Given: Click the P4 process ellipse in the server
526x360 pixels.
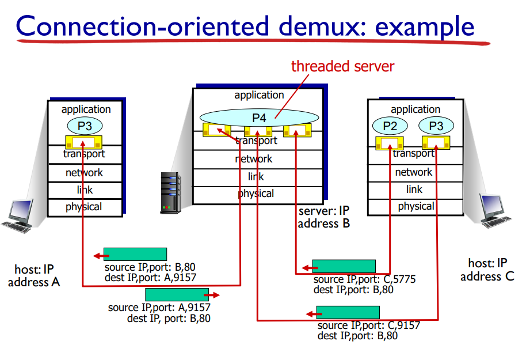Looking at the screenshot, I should pyautogui.click(x=258, y=118).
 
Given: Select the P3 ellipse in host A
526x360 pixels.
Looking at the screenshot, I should pyautogui.click(x=84, y=125).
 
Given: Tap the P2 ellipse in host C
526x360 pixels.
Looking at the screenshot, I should pyautogui.click(x=390, y=126).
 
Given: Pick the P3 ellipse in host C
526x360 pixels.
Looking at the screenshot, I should pyautogui.click(x=436, y=126).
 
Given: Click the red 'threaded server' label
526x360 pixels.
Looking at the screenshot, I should pyautogui.click(x=342, y=66).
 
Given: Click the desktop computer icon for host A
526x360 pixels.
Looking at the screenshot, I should pyautogui.click(x=17, y=215).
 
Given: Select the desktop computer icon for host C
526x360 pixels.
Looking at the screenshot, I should pyautogui.click(x=495, y=210).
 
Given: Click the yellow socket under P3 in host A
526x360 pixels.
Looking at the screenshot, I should pyautogui.click(x=84, y=142).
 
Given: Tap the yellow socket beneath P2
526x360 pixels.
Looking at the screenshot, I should pyautogui.click(x=390, y=143).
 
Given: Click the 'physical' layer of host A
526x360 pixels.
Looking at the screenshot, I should pyautogui.click(x=84, y=207).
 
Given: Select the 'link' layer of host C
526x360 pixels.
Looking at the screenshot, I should pyautogui.click(x=414, y=190).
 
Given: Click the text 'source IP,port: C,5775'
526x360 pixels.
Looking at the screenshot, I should pyautogui.click(x=364, y=280).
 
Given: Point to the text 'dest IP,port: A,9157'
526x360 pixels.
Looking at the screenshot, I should pyautogui.click(x=150, y=278).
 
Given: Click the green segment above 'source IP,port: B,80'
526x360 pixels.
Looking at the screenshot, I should pyautogui.click(x=135, y=254).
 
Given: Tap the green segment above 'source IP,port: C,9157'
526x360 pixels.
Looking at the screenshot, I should pyautogui.click(x=348, y=313).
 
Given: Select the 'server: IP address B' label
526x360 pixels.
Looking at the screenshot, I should pyautogui.click(x=324, y=217).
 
